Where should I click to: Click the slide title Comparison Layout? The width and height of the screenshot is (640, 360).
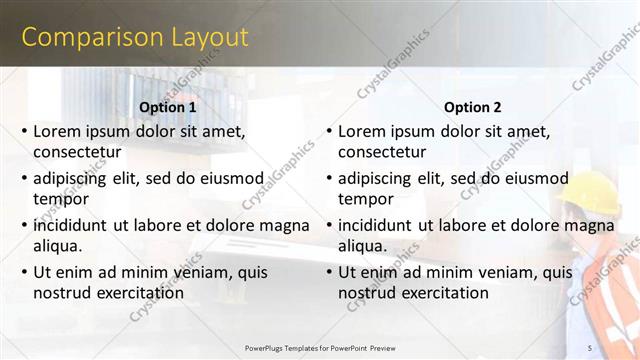(135, 38)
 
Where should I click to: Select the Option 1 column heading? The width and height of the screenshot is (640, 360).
(168, 107)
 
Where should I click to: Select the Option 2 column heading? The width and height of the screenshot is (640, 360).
(473, 107)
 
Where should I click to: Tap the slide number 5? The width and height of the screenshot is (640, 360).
(590, 347)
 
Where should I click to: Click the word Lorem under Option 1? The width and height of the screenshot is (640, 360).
(56, 131)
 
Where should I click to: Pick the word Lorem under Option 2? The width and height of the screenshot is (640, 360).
(361, 131)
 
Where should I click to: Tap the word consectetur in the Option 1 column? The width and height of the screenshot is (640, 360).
(77, 152)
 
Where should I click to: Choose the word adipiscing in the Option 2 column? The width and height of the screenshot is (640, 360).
(374, 178)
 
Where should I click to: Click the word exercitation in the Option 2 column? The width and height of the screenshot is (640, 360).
(443, 293)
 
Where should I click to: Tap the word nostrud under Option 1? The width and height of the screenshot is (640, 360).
(63, 293)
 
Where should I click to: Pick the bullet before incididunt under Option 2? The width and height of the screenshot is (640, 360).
(329, 226)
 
